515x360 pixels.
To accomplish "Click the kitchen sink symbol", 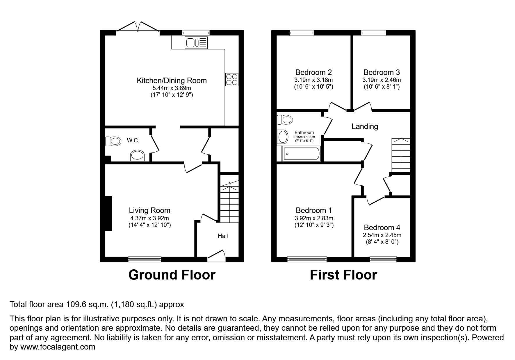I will point(196,43).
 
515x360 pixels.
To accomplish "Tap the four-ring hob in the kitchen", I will point(231,79).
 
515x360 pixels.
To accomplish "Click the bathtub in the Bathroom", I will point(301,154).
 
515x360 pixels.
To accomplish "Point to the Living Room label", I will point(149,210).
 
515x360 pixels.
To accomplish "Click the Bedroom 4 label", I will point(382,228).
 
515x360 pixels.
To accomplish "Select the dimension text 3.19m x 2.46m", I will point(381,80).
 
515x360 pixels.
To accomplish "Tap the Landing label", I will point(365,126).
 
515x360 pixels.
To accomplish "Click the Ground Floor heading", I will point(172,275).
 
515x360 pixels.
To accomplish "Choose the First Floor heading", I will point(343,275).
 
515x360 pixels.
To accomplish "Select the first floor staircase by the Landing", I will point(401,155).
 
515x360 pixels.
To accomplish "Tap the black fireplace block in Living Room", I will point(108,214).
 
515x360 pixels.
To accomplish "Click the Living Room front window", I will point(145,259).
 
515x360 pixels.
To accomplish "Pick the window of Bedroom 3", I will point(373,33).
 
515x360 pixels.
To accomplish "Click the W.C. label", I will point(133,141).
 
